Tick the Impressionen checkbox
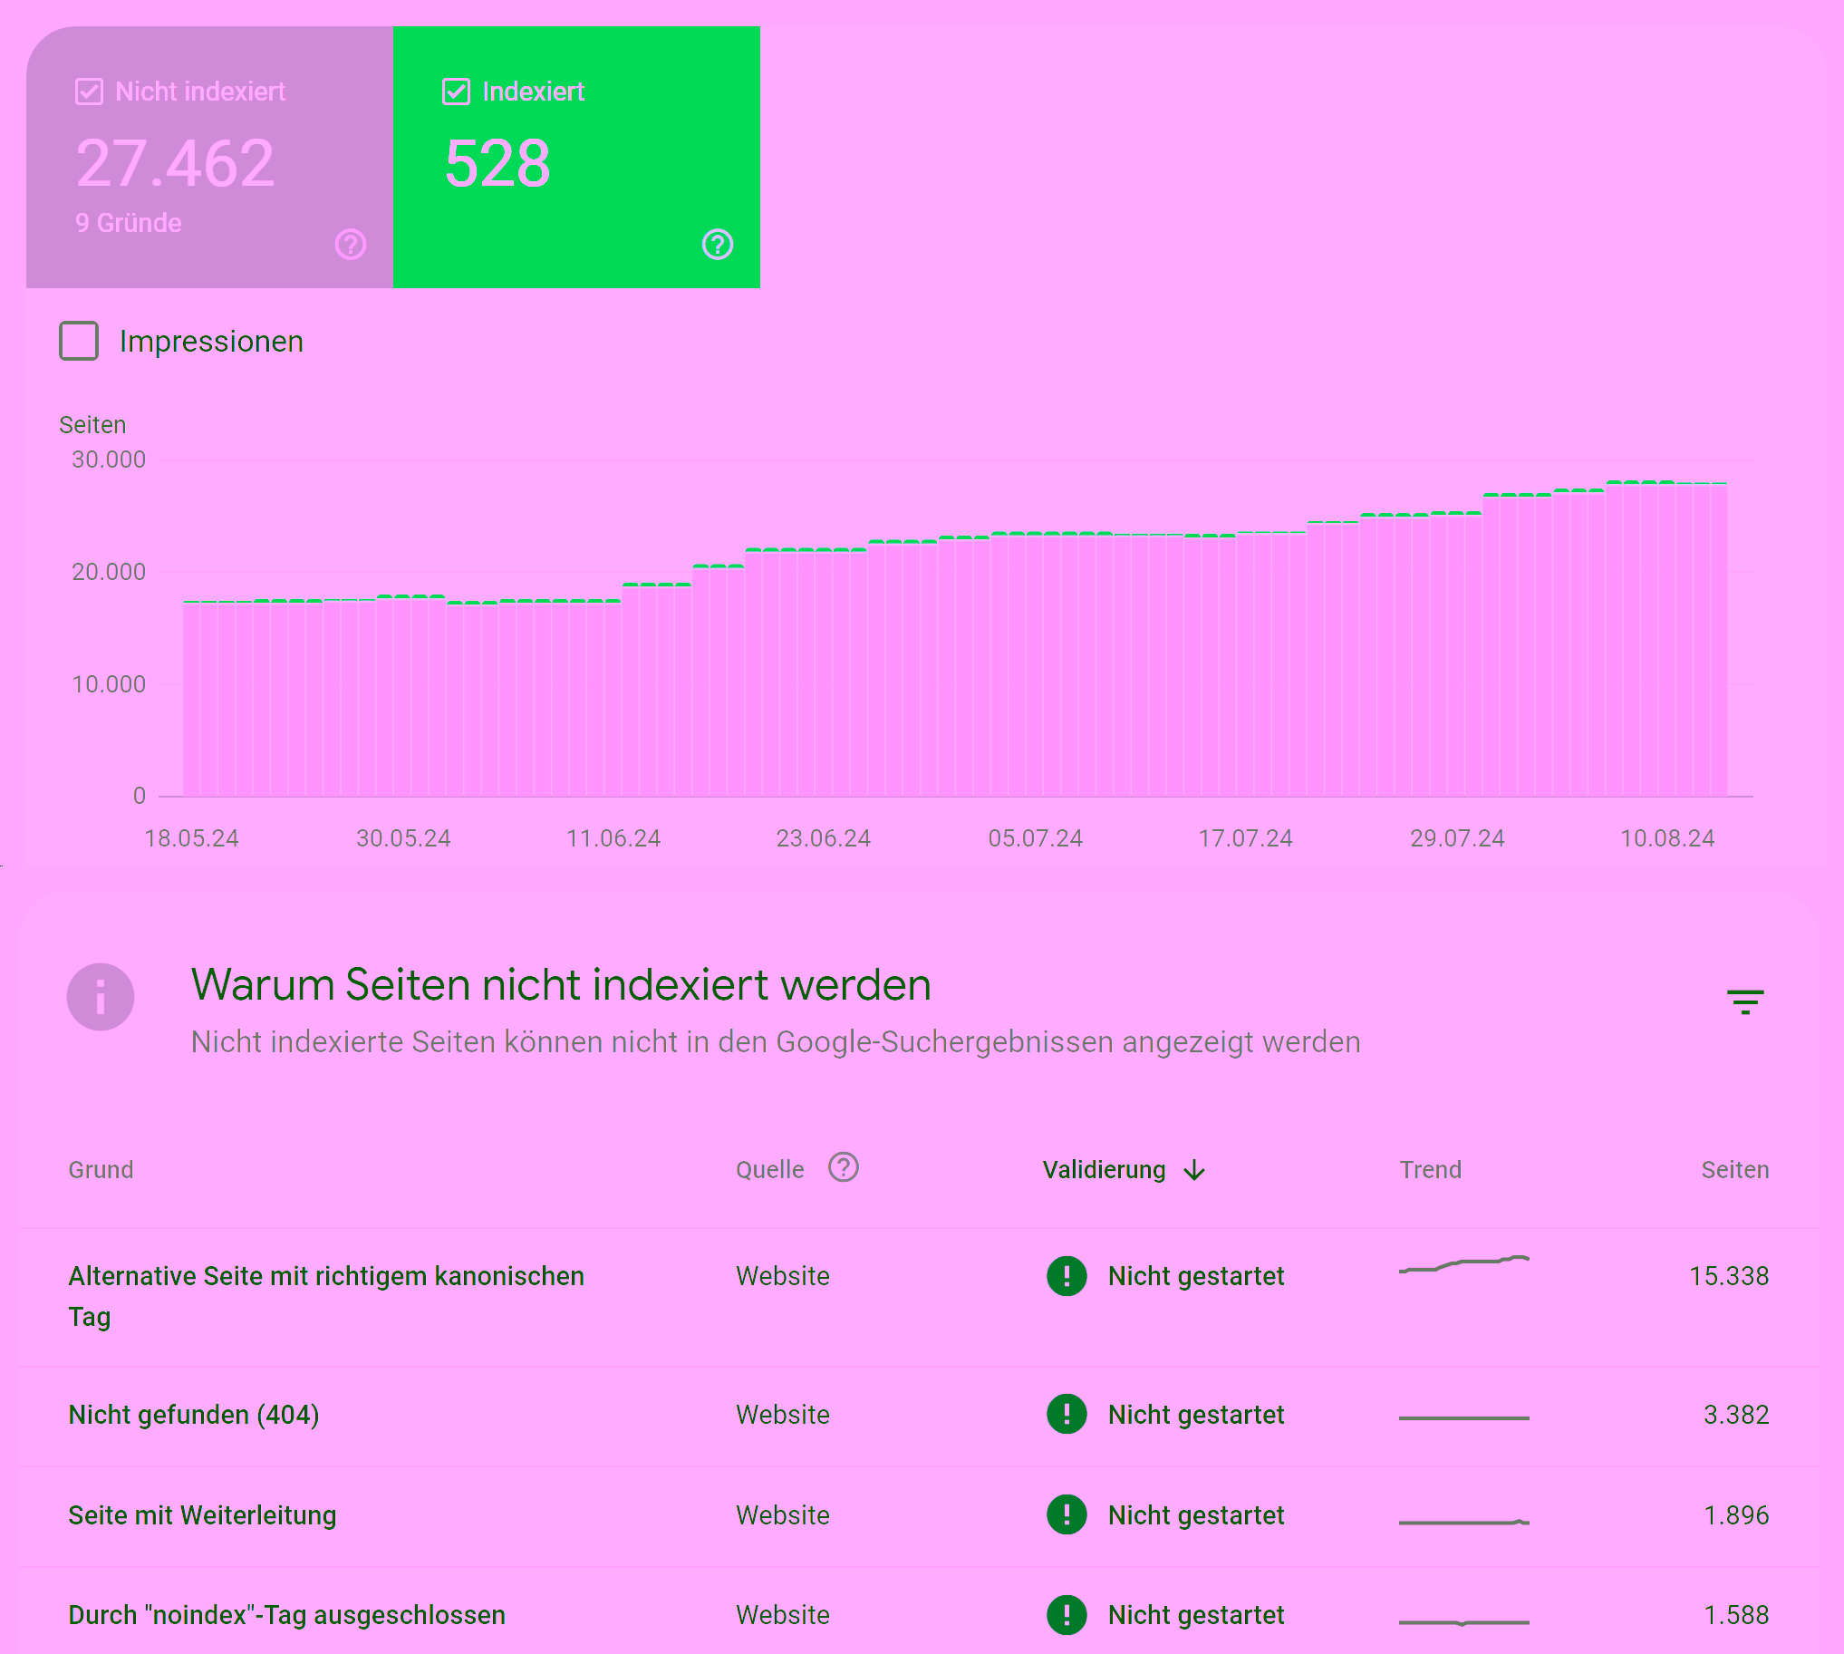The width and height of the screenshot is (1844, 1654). (79, 341)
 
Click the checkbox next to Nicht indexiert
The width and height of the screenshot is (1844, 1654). (89, 92)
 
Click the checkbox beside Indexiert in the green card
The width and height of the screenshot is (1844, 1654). (455, 92)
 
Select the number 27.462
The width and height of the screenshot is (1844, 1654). (176, 164)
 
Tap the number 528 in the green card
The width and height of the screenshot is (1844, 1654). (497, 164)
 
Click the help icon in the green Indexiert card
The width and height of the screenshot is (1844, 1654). (717, 245)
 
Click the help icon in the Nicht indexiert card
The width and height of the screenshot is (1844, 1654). (350, 245)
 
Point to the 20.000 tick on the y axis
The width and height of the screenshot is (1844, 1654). (108, 572)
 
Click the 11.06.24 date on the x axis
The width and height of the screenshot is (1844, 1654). (613, 838)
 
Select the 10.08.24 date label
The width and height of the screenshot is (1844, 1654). (1666, 838)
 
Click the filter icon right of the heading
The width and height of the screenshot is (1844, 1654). (1745, 1001)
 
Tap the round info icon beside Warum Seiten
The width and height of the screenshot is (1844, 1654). (101, 997)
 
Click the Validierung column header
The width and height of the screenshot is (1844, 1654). (1104, 1170)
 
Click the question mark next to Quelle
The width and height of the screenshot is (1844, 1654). (844, 1168)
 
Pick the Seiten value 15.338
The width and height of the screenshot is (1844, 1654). (1729, 1276)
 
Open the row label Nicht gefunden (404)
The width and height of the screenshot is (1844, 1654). (194, 1415)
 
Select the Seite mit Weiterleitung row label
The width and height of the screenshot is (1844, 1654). (203, 1515)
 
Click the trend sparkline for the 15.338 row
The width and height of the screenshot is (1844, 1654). (1464, 1264)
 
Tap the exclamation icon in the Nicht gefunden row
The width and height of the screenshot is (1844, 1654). (1066, 1414)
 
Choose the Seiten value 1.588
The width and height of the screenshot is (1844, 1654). (1736, 1615)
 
